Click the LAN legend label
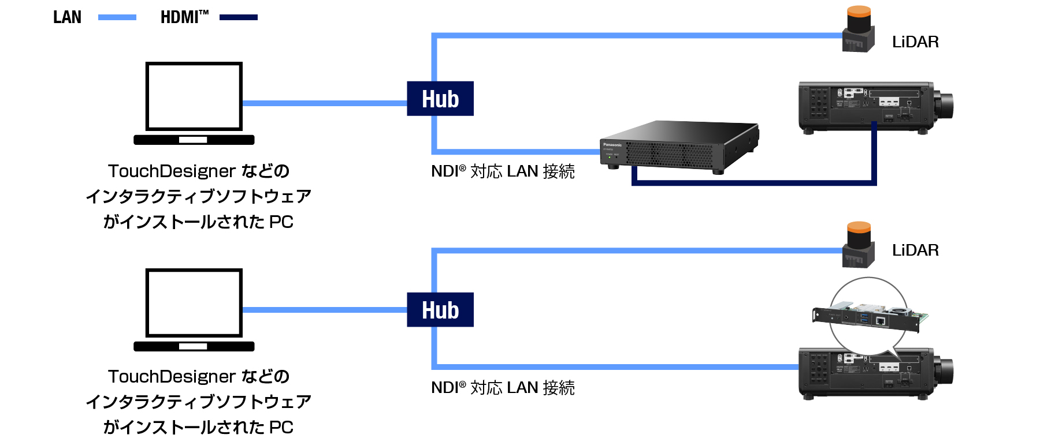67,17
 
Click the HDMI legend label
184,17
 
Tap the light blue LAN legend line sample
117,17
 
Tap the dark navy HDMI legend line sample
238,17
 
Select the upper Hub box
440,99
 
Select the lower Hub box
440,310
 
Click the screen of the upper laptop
194,96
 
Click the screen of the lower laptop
194,303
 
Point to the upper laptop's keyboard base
194,140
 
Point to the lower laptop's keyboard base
194,346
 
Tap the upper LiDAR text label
915,42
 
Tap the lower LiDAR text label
915,250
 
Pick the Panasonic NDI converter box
679,145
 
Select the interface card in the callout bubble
870,317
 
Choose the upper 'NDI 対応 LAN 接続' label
503,171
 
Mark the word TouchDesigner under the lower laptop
172,377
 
